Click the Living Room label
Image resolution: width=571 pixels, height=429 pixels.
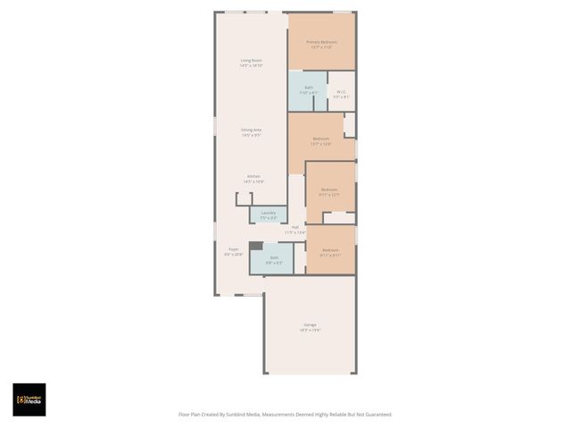click(251, 60)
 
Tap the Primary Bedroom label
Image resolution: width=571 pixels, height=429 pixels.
click(321, 42)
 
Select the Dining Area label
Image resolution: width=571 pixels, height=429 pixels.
click(251, 130)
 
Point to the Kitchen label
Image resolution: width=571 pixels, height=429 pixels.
click(253, 176)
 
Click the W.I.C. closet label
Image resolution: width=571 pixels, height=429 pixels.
click(341, 90)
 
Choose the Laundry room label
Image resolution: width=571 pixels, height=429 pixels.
click(268, 213)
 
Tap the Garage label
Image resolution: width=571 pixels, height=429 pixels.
click(310, 324)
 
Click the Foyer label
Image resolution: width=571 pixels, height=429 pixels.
click(234, 249)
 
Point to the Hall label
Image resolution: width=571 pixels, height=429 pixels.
click(294, 227)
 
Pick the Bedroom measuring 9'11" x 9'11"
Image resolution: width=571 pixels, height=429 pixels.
click(330, 250)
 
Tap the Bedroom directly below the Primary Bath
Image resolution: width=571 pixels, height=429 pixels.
click(321, 139)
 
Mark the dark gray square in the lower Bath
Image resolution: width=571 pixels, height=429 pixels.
click(256, 246)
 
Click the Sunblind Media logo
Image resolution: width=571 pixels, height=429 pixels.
click(29, 400)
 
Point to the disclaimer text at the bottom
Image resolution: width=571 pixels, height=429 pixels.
click(285, 414)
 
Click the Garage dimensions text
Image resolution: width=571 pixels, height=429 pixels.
click(310, 330)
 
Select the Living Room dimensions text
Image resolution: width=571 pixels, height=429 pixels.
click(251, 65)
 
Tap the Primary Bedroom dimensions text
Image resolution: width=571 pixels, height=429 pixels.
click(321, 47)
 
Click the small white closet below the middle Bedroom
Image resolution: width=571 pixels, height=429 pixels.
click(339, 217)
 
